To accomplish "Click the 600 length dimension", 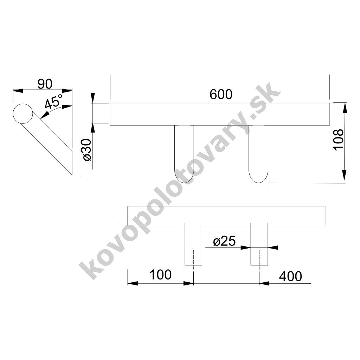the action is (x=221, y=94).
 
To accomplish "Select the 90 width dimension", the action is (x=45, y=84).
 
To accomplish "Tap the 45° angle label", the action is (x=54, y=101).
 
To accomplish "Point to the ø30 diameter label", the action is (x=87, y=150).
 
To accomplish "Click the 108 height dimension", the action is (x=339, y=140).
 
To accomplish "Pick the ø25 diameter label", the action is (x=224, y=241).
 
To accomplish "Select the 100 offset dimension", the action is (x=160, y=275).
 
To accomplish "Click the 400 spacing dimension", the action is (x=290, y=276).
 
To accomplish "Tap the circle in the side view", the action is (x=23, y=114).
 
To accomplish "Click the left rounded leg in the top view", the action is (x=184, y=154).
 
